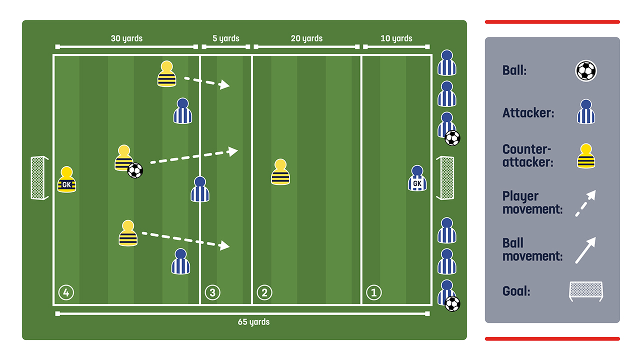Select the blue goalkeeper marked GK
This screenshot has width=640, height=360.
417,179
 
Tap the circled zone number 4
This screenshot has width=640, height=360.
66,292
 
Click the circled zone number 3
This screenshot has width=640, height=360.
212,292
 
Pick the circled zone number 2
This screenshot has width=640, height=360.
264,292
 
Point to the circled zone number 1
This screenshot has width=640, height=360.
373,292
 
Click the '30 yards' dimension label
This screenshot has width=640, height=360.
126,38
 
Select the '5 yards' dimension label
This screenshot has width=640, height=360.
225,38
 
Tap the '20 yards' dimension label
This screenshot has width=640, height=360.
306,38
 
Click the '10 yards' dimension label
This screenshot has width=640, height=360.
396,38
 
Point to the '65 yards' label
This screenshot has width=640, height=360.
253,321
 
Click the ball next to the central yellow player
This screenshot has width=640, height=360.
135,170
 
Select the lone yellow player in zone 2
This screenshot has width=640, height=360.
280,172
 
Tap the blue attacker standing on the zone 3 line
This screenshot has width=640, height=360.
200,189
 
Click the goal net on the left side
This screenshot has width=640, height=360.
39,177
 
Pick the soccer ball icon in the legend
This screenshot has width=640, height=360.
586,71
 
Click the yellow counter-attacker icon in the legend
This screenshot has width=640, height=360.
586,156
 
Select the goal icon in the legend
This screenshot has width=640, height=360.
586,291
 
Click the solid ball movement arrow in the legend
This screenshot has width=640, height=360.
585,249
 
